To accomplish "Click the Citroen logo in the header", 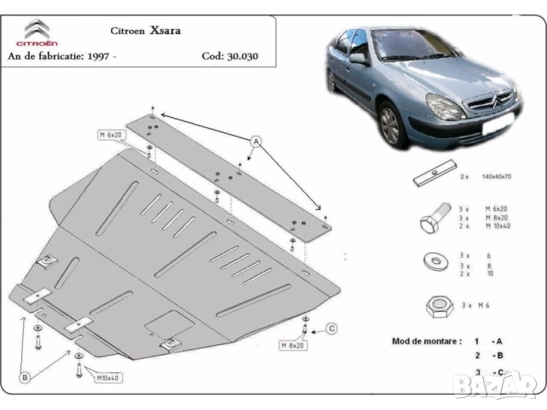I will [x=39, y=32].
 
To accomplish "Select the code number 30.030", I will [x=242, y=57].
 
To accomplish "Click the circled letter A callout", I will [x=256, y=141].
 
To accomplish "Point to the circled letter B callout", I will [x=26, y=377].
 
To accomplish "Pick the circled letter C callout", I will [x=332, y=328].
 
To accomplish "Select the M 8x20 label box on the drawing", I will [x=293, y=345].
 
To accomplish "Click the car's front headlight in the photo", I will [x=445, y=108].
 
